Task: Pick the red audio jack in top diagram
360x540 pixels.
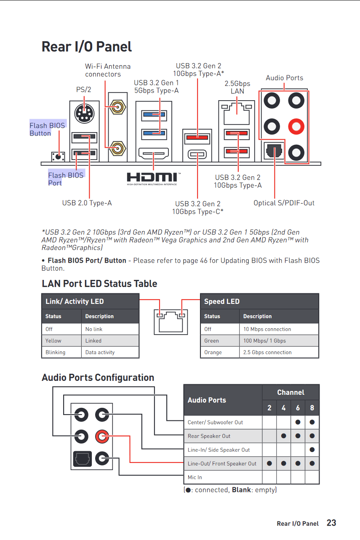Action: pyautogui.click(x=296, y=126)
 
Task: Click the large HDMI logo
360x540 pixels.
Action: pyautogui.click(x=152, y=177)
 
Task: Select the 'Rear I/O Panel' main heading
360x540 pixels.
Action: pyautogui.click(x=87, y=47)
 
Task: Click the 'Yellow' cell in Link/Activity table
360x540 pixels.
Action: pyautogui.click(x=53, y=340)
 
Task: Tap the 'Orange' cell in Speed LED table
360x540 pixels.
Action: pyautogui.click(x=213, y=352)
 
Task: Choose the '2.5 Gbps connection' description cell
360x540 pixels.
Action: pyautogui.click(x=267, y=352)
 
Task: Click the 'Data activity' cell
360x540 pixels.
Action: pyautogui.click(x=100, y=352)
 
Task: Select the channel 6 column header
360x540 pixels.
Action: pyautogui.click(x=298, y=408)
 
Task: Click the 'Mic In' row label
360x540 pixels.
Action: pyautogui.click(x=195, y=477)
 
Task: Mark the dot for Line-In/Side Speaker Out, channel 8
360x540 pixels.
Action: pyautogui.click(x=312, y=450)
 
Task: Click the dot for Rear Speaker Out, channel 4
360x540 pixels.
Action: pyautogui.click(x=283, y=436)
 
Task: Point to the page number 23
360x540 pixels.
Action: pyautogui.click(x=331, y=523)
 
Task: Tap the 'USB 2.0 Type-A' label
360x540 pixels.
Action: pyautogui.click(x=87, y=203)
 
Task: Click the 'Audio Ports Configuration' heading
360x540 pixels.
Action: pyautogui.click(x=98, y=378)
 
